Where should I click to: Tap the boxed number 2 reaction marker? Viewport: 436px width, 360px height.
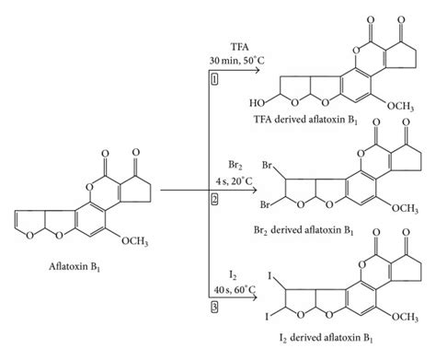pyautogui.click(x=212, y=198)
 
